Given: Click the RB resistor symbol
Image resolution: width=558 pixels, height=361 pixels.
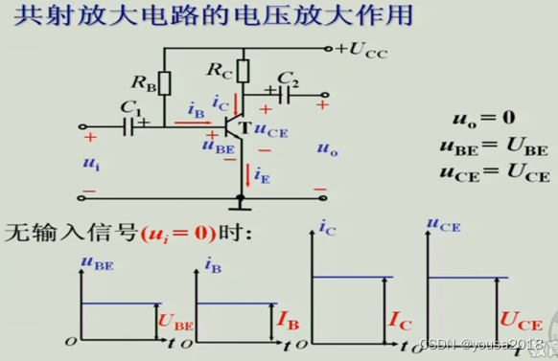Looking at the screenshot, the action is (x=165, y=83).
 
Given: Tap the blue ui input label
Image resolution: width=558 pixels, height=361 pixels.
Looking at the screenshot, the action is (x=92, y=163).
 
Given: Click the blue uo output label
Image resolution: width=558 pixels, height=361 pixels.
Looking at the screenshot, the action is (x=327, y=150).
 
